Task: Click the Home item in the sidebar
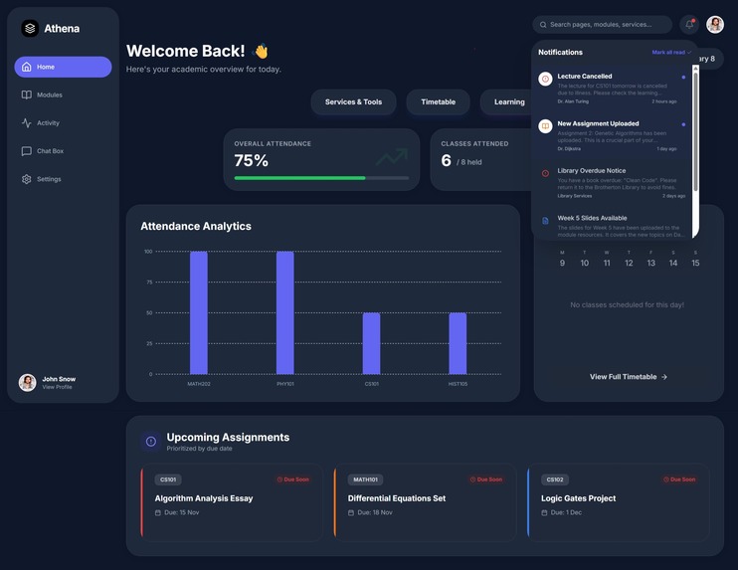point(63,67)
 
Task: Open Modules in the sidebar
point(49,95)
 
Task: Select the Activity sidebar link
point(48,123)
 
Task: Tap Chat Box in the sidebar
point(50,151)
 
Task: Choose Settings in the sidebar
point(49,179)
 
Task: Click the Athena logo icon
point(30,29)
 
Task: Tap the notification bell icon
point(689,24)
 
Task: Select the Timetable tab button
point(438,101)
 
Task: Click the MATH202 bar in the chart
point(199,312)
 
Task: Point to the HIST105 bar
point(458,343)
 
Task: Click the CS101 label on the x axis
point(371,384)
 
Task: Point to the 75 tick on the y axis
point(148,282)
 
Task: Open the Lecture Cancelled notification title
point(585,76)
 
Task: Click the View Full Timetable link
point(629,377)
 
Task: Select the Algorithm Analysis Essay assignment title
point(204,498)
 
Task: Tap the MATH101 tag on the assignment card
point(365,479)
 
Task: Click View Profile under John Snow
point(57,387)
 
